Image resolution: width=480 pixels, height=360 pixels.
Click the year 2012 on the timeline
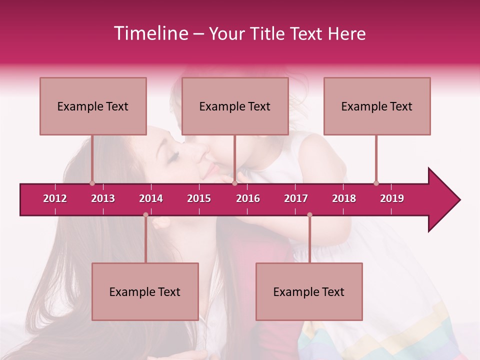click(55, 198)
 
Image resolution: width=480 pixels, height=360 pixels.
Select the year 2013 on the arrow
click(103, 198)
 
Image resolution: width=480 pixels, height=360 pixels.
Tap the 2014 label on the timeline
click(151, 198)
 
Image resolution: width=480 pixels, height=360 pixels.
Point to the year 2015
click(199, 198)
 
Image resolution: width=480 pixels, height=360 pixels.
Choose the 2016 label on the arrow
click(248, 198)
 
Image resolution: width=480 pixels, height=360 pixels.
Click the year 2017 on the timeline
click(296, 198)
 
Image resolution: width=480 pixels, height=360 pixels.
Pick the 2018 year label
click(344, 198)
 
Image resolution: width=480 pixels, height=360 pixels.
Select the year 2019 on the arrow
click(392, 198)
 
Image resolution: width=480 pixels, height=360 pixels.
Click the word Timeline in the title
click(150, 33)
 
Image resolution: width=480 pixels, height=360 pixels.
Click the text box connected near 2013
click(93, 106)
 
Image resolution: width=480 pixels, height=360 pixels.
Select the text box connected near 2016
click(235, 106)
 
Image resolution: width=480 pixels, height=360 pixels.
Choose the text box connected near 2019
click(377, 106)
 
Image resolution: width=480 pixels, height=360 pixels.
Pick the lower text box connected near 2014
click(145, 291)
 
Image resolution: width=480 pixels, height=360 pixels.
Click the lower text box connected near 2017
click(309, 291)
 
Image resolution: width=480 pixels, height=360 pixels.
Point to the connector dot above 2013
click(92, 183)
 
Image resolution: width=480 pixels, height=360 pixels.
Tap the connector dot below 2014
click(145, 215)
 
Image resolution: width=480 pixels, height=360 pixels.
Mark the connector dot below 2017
click(309, 215)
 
